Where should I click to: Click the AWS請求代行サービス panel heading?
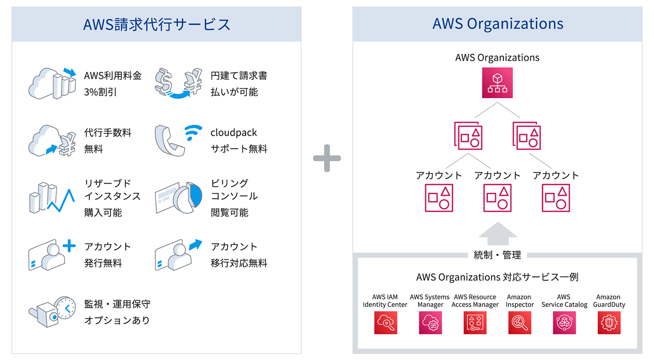[157, 24]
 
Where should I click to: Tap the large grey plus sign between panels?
[327, 158]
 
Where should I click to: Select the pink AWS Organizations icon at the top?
[497, 83]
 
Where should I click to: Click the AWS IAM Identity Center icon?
[385, 322]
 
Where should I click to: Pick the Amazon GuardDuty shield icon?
[609, 322]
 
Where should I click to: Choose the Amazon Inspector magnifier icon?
[520, 322]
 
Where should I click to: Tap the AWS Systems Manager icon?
[430, 322]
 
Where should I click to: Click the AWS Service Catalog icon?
[564, 322]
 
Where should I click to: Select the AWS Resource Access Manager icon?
[475, 322]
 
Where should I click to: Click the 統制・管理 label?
[497, 255]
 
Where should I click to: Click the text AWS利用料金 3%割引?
[112, 84]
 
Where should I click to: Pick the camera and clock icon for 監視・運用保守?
[53, 312]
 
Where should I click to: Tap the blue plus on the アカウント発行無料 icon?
[69, 246]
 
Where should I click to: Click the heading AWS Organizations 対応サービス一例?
[497, 277]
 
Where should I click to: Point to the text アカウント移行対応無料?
[239, 255]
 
